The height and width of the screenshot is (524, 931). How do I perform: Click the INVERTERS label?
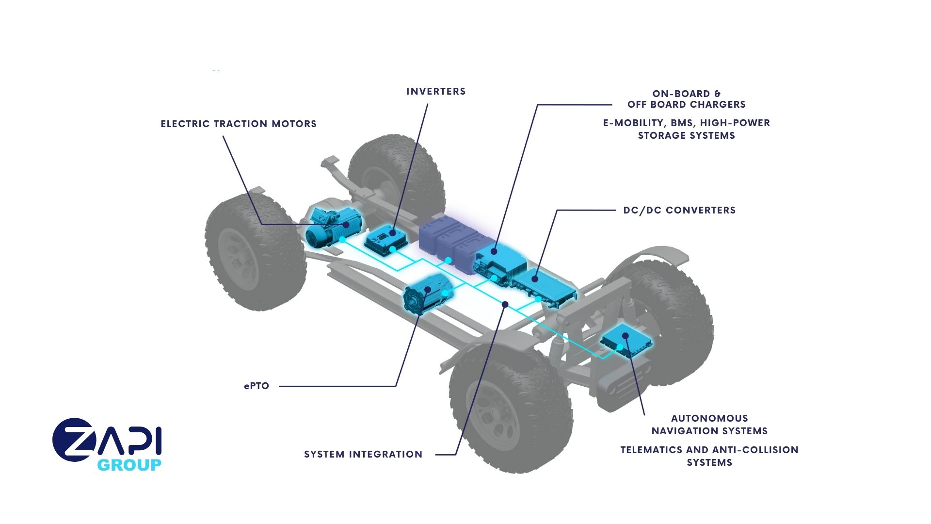point(436,91)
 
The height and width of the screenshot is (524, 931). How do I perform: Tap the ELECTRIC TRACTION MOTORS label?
point(239,124)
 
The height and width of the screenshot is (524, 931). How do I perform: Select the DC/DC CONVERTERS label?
point(679,210)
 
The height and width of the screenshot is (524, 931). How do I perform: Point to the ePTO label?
point(257,386)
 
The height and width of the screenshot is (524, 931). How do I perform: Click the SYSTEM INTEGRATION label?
point(363,454)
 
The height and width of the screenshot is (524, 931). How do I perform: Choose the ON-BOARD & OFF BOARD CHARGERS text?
point(686,99)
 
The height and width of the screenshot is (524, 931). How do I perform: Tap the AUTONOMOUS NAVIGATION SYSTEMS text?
point(709,425)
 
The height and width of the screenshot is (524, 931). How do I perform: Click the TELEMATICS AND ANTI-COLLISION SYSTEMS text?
point(709,456)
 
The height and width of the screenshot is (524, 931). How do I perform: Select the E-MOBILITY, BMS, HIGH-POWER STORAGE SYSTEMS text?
point(686,129)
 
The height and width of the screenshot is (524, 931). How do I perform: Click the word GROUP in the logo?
point(129,465)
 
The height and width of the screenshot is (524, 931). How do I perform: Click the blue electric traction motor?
point(332,227)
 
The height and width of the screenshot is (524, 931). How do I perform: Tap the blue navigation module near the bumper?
point(626,340)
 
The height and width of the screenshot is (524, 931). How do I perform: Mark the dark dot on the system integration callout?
point(505,304)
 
